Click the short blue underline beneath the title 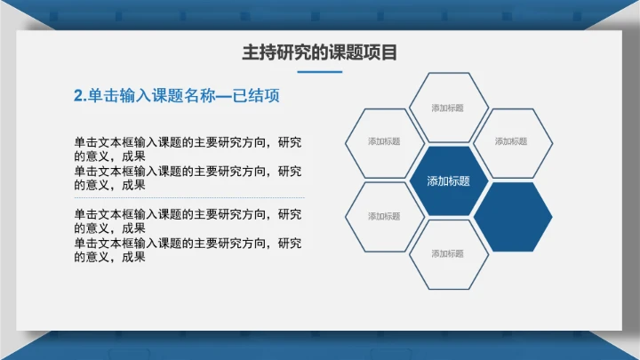319,72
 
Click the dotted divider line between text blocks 189,197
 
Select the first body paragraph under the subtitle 188,148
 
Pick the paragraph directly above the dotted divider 188,177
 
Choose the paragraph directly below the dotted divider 188,220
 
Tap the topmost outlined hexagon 448,108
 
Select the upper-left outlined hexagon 384,142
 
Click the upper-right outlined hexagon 511,142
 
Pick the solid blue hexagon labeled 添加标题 448,180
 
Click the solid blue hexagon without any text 512,217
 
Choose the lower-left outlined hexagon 384,217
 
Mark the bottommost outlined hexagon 448,254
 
